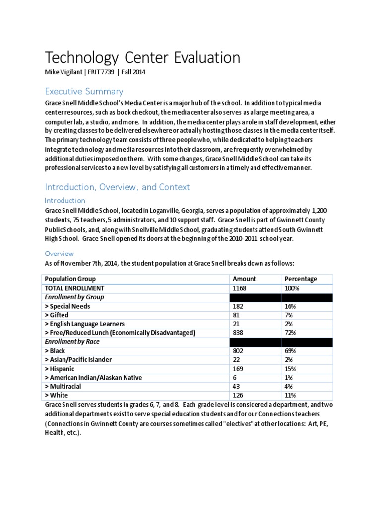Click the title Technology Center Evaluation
coord(142,58)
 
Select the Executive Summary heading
coord(84,91)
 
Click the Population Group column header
coord(70,279)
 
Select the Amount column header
coord(244,279)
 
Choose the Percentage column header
coord(301,279)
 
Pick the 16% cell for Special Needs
coord(290,306)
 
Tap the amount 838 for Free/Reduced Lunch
coord(239,333)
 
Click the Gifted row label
coord(57,315)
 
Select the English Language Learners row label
coord(85,324)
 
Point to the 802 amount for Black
coord(239,351)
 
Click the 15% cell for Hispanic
coord(290,369)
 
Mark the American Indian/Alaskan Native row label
coord(93,378)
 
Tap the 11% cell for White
coord(290,395)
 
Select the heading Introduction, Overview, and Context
coord(118,187)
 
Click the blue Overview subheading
coord(59,253)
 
